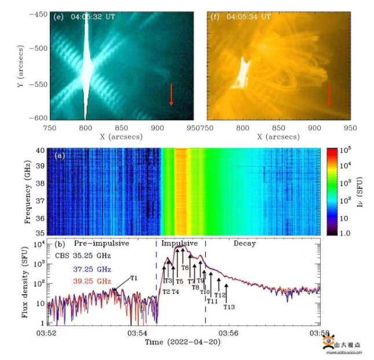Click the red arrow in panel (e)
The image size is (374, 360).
[x=171, y=94]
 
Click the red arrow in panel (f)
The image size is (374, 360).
[x=329, y=94]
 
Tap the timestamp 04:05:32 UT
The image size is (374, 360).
[x=93, y=17]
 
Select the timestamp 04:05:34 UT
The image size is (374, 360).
[x=250, y=17]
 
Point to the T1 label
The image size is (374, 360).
[x=134, y=278]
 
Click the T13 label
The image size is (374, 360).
[x=229, y=306]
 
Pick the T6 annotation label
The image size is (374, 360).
[x=185, y=268]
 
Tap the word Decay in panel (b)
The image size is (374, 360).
[x=244, y=244]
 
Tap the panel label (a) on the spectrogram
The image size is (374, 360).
[x=58, y=156]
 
